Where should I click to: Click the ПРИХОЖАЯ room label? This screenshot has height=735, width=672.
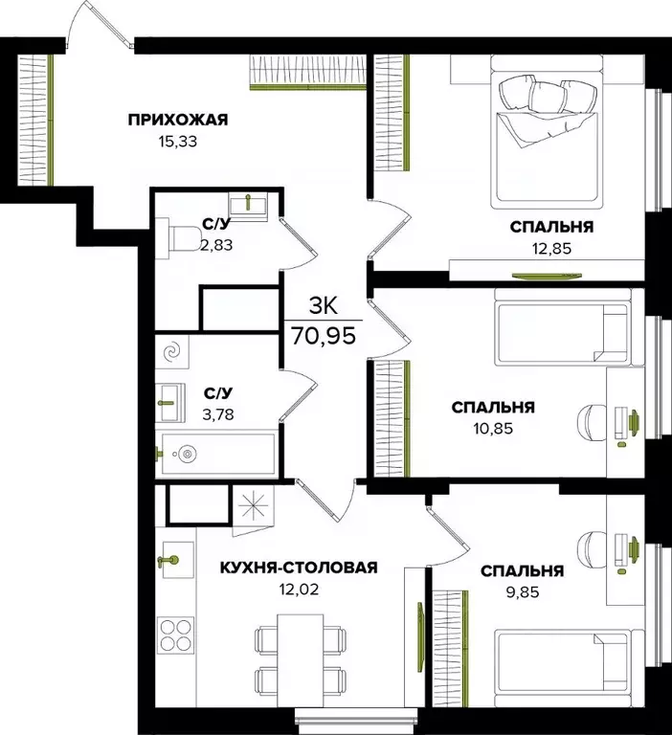coord(179,120)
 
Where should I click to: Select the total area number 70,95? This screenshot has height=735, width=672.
coord(325,337)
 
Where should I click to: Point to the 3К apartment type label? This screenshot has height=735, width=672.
coord(325,305)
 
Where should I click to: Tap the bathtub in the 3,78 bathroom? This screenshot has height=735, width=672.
coord(217,453)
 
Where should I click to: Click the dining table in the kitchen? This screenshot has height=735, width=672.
coord(299,659)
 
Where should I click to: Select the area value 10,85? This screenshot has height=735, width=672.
coord(493,428)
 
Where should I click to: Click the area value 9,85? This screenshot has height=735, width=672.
coord(522,591)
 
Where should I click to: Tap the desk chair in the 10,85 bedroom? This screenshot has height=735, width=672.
coord(591,421)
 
